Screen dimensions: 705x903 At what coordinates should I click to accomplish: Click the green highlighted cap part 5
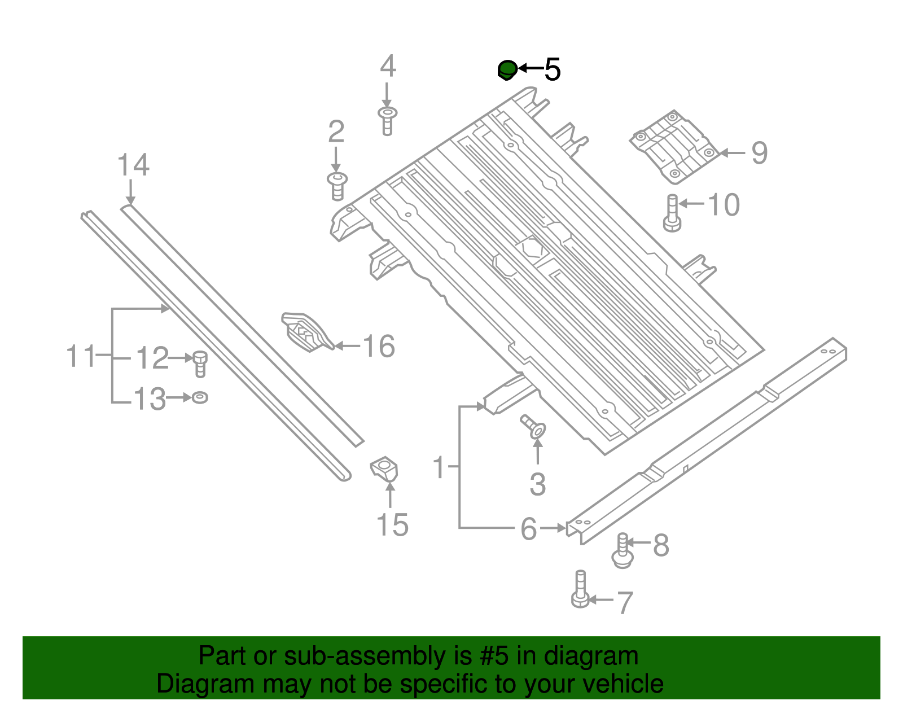click(x=507, y=70)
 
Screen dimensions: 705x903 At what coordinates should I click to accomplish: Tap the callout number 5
click(x=552, y=70)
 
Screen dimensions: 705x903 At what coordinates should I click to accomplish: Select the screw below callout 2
click(x=337, y=186)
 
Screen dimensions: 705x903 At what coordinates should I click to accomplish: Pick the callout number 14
click(x=133, y=165)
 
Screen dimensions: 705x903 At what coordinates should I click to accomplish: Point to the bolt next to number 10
click(x=672, y=213)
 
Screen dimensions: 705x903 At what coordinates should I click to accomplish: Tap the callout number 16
click(x=379, y=346)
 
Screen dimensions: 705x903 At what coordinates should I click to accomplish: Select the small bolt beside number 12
click(x=200, y=363)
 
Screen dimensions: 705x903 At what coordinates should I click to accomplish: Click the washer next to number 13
click(x=200, y=397)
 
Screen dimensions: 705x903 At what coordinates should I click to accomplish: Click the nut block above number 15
click(x=384, y=469)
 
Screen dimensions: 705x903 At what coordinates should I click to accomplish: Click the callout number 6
click(x=529, y=529)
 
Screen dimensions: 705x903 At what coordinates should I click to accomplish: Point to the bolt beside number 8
click(x=623, y=552)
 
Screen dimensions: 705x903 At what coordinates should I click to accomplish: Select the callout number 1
click(x=440, y=468)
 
